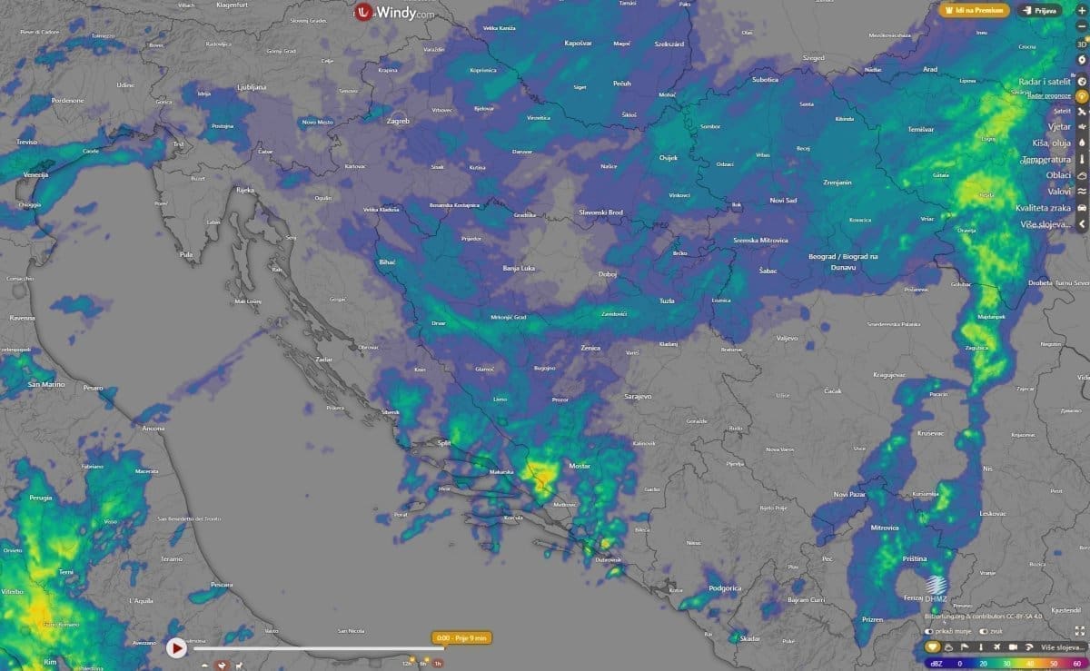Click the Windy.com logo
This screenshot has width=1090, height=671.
pyautogui.click(x=394, y=13)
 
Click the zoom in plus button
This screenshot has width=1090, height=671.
pyautogui.click(x=1081, y=27)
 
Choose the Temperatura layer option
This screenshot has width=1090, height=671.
pyautogui.click(x=1046, y=159)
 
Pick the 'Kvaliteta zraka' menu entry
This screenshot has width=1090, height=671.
pyautogui.click(x=1044, y=208)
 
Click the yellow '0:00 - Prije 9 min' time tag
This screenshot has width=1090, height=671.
pyautogui.click(x=462, y=637)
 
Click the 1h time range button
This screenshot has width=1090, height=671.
pyautogui.click(x=438, y=664)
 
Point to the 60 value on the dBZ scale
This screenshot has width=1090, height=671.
pyautogui.click(x=1076, y=664)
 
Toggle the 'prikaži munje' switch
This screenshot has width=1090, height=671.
pyautogui.click(x=929, y=631)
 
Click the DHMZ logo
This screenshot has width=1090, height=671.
pyautogui.click(x=936, y=588)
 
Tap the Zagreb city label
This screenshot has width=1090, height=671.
pyautogui.click(x=398, y=121)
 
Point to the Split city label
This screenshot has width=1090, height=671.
pyautogui.click(x=444, y=445)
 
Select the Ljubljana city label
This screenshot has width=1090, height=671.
pyautogui.click(x=252, y=87)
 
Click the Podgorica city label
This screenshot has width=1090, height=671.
pyautogui.click(x=725, y=588)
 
